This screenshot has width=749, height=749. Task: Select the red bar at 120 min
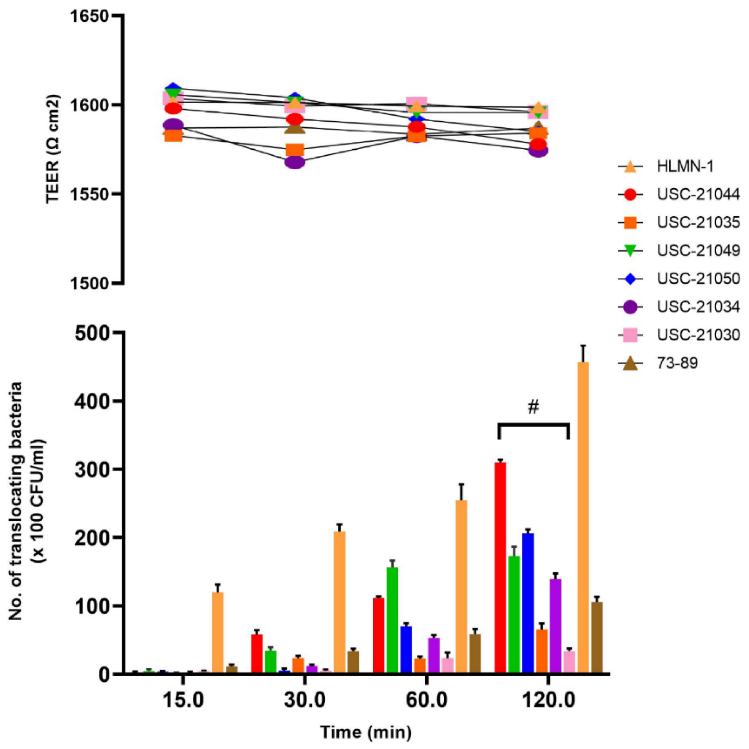[500, 567]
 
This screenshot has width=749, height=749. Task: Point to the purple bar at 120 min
[556, 625]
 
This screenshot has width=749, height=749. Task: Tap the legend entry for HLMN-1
[685, 166]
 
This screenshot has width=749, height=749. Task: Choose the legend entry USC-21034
[698, 306]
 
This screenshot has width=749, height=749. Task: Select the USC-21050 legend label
[698, 279]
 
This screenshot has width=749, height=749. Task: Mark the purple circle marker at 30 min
[295, 162]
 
